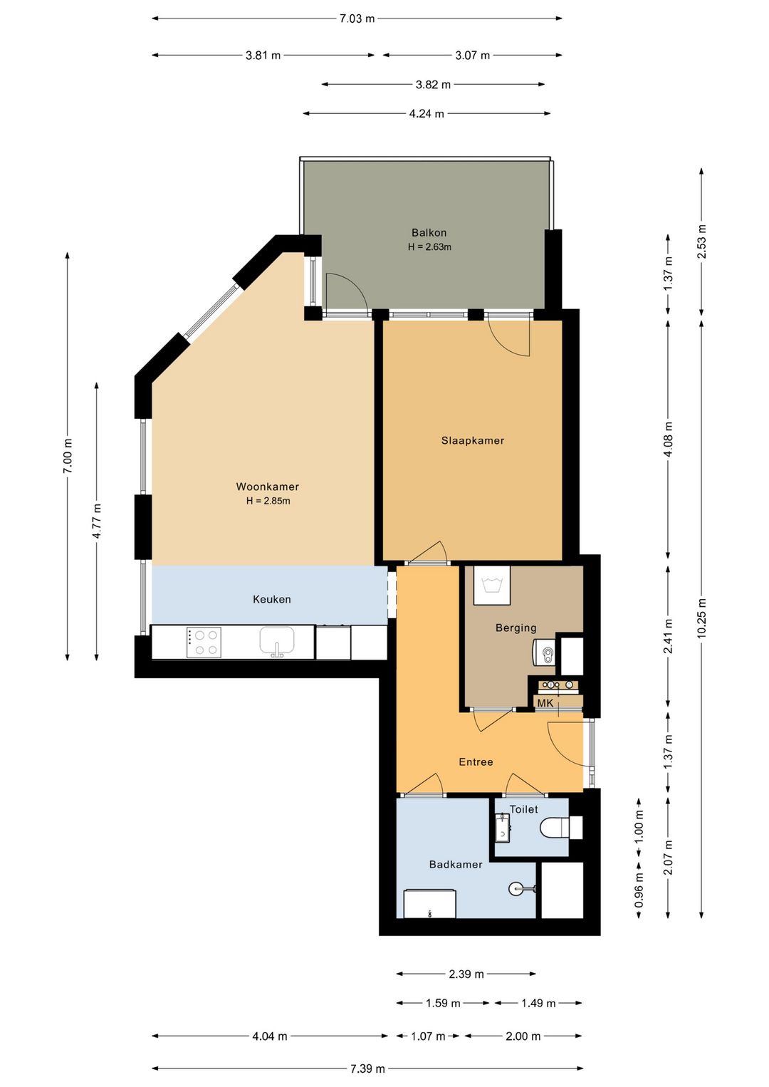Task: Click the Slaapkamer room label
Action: pyautogui.click(x=472, y=441)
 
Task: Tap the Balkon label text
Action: pyautogui.click(x=429, y=232)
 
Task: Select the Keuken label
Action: pyautogui.click(x=272, y=599)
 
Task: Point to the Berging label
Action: pyautogui.click(x=516, y=628)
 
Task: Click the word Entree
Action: pyautogui.click(x=476, y=762)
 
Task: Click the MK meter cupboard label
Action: pyautogui.click(x=545, y=704)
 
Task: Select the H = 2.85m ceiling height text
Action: pyautogui.click(x=268, y=501)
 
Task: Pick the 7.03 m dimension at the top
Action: pyautogui.click(x=357, y=19)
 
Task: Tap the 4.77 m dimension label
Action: pyautogui.click(x=97, y=521)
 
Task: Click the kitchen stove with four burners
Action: pyautogui.click(x=204, y=643)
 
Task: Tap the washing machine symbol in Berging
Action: pyautogui.click(x=492, y=586)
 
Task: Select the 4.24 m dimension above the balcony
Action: pyautogui.click(x=427, y=114)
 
